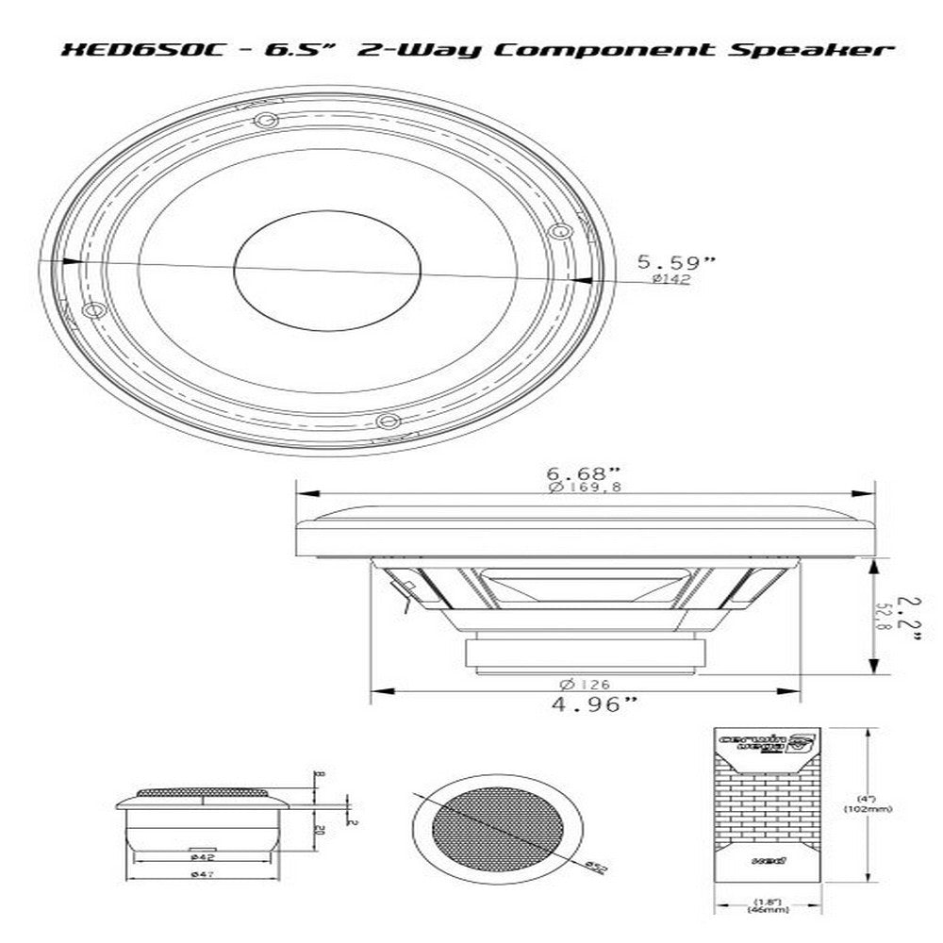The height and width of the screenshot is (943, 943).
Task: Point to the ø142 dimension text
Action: [x=670, y=279]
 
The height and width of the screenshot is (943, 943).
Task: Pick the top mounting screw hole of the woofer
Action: [x=266, y=121]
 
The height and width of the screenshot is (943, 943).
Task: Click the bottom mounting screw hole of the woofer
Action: [x=384, y=419]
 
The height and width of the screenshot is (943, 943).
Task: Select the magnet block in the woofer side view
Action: [x=587, y=653]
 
